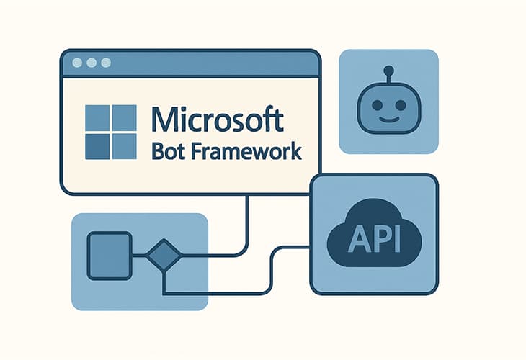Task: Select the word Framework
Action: (x=249, y=153)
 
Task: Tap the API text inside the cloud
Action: (x=373, y=239)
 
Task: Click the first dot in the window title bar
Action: (x=77, y=63)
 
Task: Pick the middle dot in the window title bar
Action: (x=92, y=63)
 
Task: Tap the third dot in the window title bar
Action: (x=106, y=63)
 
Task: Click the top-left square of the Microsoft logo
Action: (x=97, y=117)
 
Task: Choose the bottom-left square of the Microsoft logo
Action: (x=97, y=146)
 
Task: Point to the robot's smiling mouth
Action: (x=388, y=117)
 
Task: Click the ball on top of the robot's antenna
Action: (x=388, y=71)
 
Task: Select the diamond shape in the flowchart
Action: (x=164, y=256)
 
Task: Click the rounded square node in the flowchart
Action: (x=109, y=256)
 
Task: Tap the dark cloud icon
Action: (x=373, y=234)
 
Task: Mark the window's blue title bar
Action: (x=191, y=63)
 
